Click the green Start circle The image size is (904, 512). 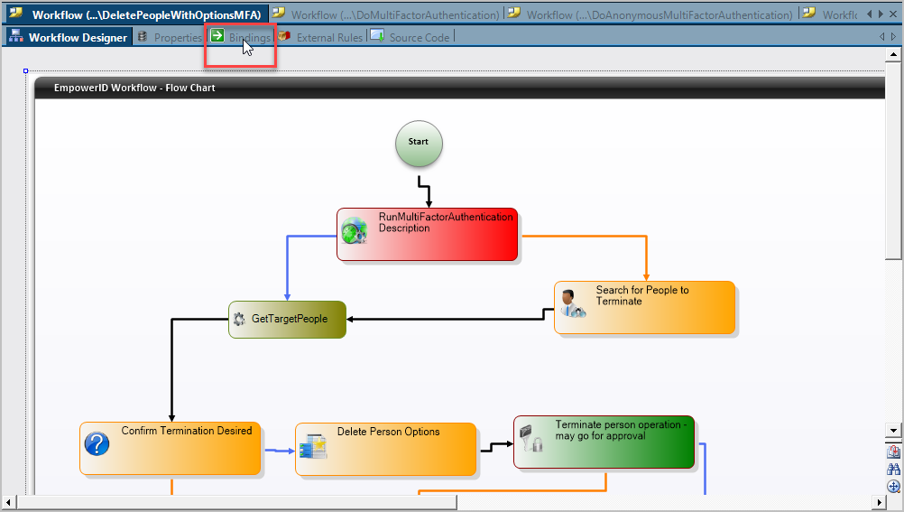pyautogui.click(x=419, y=144)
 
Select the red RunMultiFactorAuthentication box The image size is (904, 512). pyautogui.click(x=428, y=235)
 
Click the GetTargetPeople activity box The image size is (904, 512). pyautogui.click(x=287, y=320)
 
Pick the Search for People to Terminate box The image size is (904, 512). pyautogui.click(x=644, y=307)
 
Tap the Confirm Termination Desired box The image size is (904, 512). pyautogui.click(x=171, y=448)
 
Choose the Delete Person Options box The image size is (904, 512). pyautogui.click(x=385, y=449)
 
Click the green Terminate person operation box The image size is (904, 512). pyautogui.click(x=604, y=442)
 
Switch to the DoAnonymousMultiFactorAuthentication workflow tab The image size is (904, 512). pyautogui.click(x=650, y=14)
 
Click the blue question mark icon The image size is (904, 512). pyautogui.click(x=97, y=443)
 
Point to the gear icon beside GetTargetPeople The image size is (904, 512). pyautogui.click(x=239, y=319)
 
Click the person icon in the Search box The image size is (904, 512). pyautogui.click(x=571, y=303)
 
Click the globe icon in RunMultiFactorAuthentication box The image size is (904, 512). pyautogui.click(x=354, y=230)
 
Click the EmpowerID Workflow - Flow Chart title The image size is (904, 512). pyautogui.click(x=134, y=88)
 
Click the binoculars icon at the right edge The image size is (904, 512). pyautogui.click(x=894, y=470)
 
